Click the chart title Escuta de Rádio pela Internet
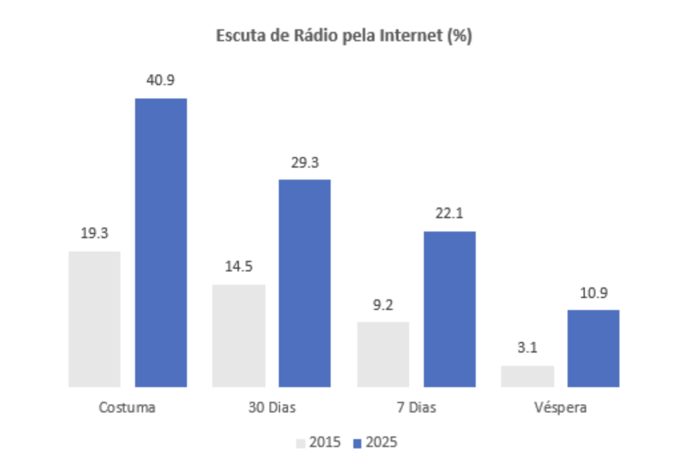point(344,36)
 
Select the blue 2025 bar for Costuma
point(161,242)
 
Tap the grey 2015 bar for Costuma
point(94,319)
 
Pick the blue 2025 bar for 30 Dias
point(304,283)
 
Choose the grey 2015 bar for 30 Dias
point(238,335)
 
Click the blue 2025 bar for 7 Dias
point(449,309)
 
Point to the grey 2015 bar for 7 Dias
point(383,354)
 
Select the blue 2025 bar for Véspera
point(593,348)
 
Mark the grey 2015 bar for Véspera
point(527,376)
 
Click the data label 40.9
point(161,80)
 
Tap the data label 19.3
point(94,234)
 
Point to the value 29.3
point(304,162)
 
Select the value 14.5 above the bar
point(238,267)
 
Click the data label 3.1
point(527,347)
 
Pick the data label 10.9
point(593,293)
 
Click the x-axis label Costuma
point(127,407)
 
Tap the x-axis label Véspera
point(560,407)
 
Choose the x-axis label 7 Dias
point(416,407)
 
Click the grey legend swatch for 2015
point(300,442)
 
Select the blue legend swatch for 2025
point(357,442)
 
